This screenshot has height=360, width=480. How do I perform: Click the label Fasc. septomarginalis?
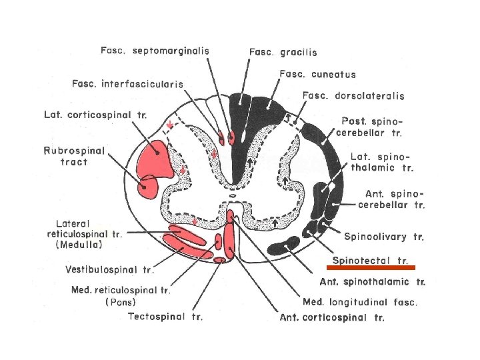[x=155, y=50]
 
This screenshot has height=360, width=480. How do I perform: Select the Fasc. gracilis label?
[x=283, y=51]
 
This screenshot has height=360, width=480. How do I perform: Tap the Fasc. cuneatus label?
[x=318, y=75]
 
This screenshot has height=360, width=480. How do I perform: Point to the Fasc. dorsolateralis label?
[x=353, y=96]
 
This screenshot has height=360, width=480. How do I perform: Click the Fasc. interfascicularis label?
[x=128, y=84]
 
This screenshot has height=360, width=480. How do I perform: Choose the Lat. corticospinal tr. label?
[x=95, y=115]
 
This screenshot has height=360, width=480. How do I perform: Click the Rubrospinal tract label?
[x=75, y=156]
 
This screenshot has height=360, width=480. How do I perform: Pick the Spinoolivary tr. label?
[x=384, y=236]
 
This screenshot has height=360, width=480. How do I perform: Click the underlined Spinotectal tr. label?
[x=371, y=259]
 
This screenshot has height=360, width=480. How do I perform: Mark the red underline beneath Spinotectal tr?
[x=375, y=267]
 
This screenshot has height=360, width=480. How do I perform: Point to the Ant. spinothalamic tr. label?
[x=373, y=281]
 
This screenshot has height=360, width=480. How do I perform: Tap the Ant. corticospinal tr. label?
[x=332, y=317]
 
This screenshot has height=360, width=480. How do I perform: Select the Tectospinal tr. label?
[x=165, y=316]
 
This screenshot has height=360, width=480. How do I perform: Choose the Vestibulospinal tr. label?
[x=110, y=270]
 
